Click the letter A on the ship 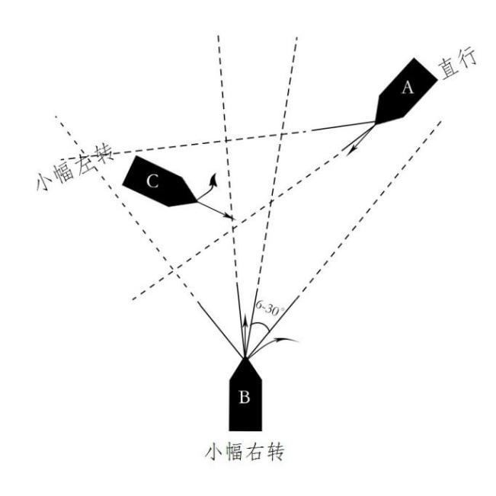tap(407, 88)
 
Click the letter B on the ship tap(245, 396)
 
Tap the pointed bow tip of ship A tap(376, 122)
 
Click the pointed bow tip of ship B tap(245, 357)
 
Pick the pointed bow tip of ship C tap(197, 200)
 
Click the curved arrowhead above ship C tap(216, 178)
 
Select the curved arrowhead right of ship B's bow tap(292, 338)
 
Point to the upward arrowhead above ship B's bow tap(245, 322)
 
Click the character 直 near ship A tap(450, 77)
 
